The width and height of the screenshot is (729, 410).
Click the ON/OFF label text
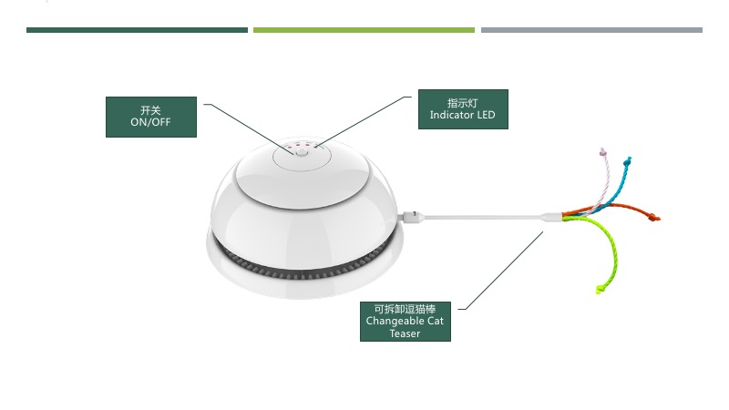[x=150, y=122]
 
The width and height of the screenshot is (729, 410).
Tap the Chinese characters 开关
[x=150, y=110]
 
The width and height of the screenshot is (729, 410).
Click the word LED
[x=484, y=115]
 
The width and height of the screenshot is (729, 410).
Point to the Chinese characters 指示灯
[x=463, y=103]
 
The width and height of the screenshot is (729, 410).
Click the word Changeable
[x=395, y=322]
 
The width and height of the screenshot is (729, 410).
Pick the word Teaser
[x=405, y=333]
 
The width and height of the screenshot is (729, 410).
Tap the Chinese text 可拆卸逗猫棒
[x=405, y=309]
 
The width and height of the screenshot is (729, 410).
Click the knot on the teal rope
[x=628, y=161]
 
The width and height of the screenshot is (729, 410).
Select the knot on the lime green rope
[x=601, y=290]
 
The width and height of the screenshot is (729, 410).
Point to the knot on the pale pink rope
[x=603, y=151]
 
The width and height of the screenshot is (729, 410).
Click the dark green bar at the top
[x=138, y=30]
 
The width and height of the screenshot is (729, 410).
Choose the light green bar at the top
[x=364, y=30]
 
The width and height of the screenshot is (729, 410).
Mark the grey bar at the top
[x=591, y=30]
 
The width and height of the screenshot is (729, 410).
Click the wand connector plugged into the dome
[x=412, y=215]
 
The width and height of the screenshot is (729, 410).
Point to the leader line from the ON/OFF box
[x=249, y=129]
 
